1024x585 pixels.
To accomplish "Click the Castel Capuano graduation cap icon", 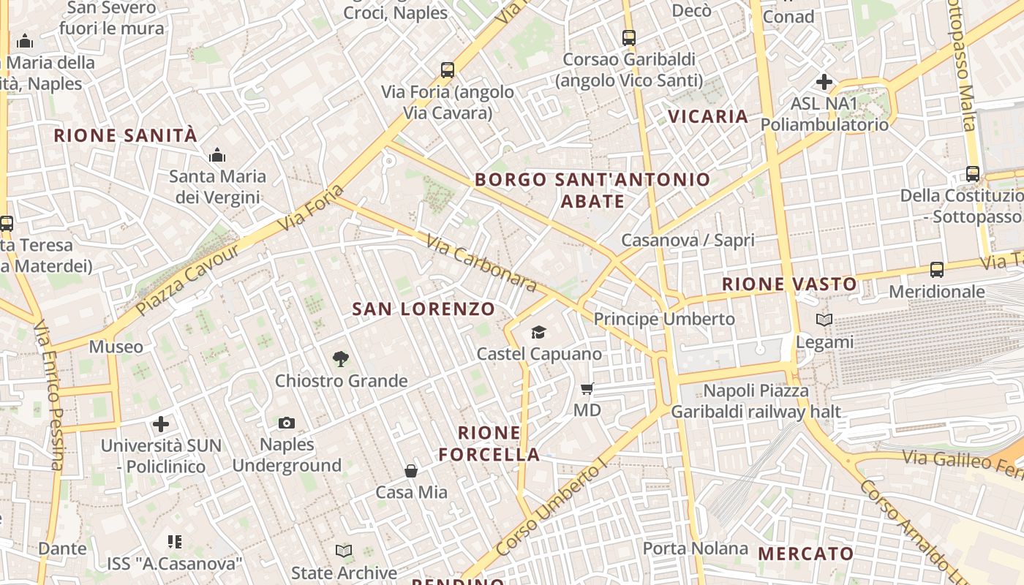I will click(539, 333).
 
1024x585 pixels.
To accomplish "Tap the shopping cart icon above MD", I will click(587, 389).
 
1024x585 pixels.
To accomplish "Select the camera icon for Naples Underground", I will click(287, 423).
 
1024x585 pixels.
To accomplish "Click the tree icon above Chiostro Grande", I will click(340, 358).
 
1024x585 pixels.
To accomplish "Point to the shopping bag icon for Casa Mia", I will click(411, 471).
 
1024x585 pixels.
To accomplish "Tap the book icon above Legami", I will click(824, 320).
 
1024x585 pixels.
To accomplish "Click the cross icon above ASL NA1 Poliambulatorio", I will click(824, 82).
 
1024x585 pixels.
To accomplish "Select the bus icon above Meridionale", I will click(937, 270).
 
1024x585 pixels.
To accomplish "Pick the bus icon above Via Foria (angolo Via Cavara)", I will click(448, 71).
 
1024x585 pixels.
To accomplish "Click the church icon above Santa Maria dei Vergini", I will click(217, 155).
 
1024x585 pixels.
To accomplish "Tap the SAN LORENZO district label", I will click(423, 309).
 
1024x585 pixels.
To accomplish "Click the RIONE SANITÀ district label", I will click(126, 135).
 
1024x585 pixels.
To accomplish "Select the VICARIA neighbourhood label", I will click(708, 116).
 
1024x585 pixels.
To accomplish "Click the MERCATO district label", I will click(805, 554).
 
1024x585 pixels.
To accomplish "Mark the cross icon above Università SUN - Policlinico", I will click(161, 423).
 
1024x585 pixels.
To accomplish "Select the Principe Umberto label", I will click(664, 319).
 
